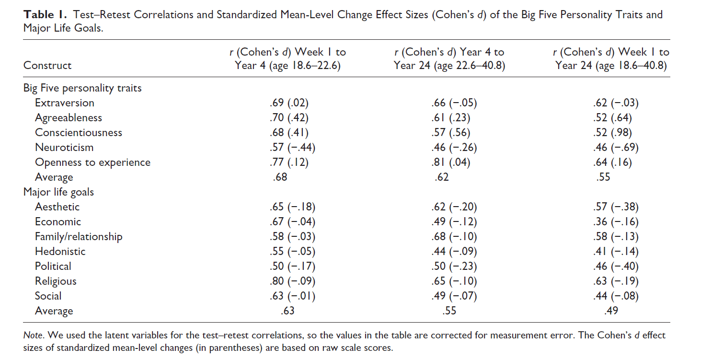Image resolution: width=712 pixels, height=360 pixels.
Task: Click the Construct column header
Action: point(47,65)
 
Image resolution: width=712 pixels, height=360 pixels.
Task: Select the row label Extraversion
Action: point(64,103)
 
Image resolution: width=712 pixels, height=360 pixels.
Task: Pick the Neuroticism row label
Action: point(64,147)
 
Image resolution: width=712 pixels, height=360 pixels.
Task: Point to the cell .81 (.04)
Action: point(450,162)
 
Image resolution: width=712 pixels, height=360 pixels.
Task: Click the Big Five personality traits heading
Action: point(82,88)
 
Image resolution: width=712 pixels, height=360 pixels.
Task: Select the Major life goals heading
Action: point(58,192)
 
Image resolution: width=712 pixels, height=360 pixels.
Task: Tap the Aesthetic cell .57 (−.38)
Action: point(615,207)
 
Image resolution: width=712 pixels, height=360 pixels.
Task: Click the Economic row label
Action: point(58,221)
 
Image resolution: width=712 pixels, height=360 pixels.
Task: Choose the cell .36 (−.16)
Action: point(615,221)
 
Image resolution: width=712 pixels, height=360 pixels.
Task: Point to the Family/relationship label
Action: point(79,236)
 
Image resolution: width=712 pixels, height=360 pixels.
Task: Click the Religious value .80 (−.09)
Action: point(292,281)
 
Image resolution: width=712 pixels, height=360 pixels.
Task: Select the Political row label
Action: point(53,266)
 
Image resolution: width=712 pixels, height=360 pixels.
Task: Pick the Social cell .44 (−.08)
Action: point(615,296)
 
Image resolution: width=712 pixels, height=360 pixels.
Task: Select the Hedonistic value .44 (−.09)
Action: point(454,251)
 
